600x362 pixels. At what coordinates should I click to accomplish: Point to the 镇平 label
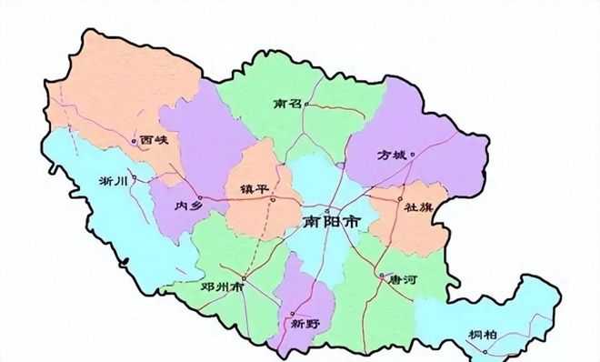click(253, 187)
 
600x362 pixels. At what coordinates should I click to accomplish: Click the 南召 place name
click(286, 105)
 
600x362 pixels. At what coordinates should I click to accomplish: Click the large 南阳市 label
click(331, 221)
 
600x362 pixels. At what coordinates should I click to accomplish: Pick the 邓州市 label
click(223, 286)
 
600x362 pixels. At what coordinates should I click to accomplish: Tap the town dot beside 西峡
click(135, 141)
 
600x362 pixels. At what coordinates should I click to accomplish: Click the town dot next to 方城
click(413, 155)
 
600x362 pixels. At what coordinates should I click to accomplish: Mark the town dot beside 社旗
click(400, 198)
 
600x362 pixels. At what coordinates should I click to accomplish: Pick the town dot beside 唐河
click(380, 275)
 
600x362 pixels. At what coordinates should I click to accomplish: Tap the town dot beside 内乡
click(201, 196)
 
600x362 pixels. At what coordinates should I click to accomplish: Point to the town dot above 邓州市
click(245, 277)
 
